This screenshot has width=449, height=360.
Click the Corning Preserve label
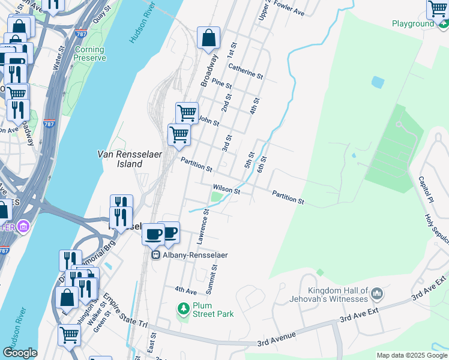coord(89,53)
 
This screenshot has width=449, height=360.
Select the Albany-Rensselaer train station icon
coord(155,255)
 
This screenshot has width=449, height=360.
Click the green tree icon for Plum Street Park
coord(183,308)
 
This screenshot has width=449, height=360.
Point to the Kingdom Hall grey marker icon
coord(377,293)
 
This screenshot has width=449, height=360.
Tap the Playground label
coord(412,23)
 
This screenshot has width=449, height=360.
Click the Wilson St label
coord(226,191)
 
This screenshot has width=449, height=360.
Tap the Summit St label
coord(211,280)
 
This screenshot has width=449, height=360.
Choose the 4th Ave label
coord(186,290)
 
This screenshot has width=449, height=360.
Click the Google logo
coord(20,353)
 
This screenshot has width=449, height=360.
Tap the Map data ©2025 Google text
coord(412,355)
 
